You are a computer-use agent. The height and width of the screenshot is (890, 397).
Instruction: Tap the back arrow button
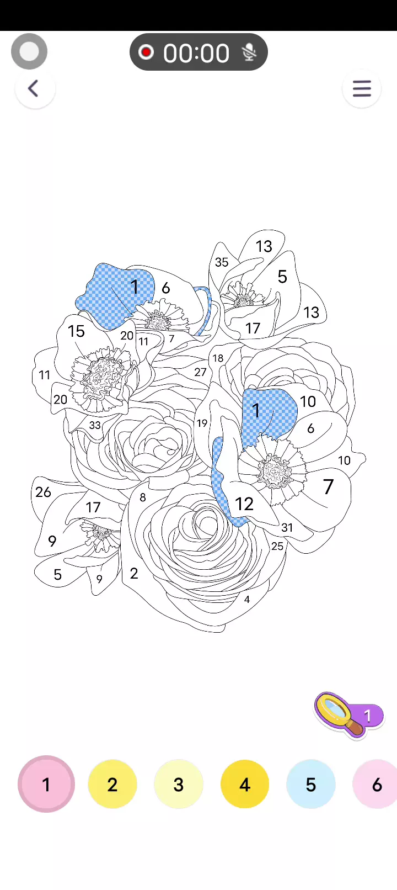pyautogui.click(x=35, y=88)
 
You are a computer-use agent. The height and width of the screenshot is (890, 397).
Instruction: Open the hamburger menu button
pyautogui.click(x=362, y=88)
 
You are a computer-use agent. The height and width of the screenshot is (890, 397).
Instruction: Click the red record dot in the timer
pyautogui.click(x=146, y=52)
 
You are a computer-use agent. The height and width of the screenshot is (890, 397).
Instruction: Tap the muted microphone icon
pyautogui.click(x=249, y=52)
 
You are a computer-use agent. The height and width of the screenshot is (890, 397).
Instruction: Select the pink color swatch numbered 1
pyautogui.click(x=46, y=785)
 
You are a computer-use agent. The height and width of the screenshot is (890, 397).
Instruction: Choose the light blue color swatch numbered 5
pyautogui.click(x=311, y=785)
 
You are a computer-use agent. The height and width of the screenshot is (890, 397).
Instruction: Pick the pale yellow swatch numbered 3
pyautogui.click(x=179, y=785)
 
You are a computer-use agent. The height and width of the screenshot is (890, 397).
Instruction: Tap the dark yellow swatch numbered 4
pyautogui.click(x=245, y=785)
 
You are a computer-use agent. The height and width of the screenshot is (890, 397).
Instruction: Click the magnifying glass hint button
pyautogui.click(x=348, y=715)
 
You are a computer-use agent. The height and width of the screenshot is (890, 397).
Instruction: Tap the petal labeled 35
pyautogui.click(x=222, y=262)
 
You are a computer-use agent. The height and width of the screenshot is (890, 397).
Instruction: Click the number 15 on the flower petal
pyautogui.click(x=76, y=331)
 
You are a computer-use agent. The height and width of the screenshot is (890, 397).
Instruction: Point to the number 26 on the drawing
pyautogui.click(x=43, y=492)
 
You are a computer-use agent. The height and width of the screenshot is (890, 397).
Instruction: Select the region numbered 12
pyautogui.click(x=244, y=504)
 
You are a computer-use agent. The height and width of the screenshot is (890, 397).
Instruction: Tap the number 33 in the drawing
pyautogui.click(x=94, y=425)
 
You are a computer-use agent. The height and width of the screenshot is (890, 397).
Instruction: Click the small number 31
pyautogui.click(x=287, y=527)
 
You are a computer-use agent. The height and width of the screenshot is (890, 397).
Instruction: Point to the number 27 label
pyautogui.click(x=200, y=372)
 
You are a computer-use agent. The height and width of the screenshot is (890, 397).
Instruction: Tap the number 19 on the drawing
pyautogui.click(x=202, y=423)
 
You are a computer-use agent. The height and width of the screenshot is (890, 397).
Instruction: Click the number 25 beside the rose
pyautogui.click(x=277, y=547)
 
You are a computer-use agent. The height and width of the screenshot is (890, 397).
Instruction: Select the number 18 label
pyautogui.click(x=218, y=358)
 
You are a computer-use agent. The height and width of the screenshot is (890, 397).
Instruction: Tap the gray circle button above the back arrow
pyautogui.click(x=29, y=51)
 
